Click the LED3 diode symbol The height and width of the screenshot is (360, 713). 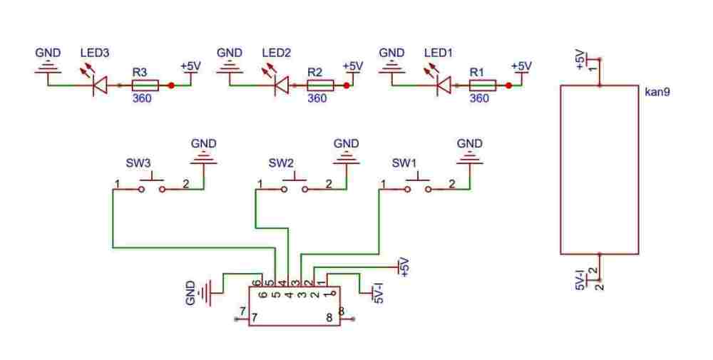pyautogui.click(x=101, y=86)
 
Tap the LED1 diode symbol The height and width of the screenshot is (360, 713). pyautogui.click(x=443, y=86)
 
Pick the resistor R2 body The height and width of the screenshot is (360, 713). pyautogui.click(x=319, y=86)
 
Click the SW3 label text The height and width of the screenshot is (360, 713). pyautogui.click(x=138, y=163)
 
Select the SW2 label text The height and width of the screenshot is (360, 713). pyautogui.click(x=281, y=163)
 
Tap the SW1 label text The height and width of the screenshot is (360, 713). pyautogui.click(x=405, y=163)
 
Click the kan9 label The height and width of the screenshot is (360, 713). pyautogui.click(x=656, y=93)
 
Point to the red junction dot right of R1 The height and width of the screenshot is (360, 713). pyautogui.click(x=508, y=86)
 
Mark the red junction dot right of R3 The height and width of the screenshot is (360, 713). pyautogui.click(x=171, y=86)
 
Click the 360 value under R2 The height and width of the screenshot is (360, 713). pyautogui.click(x=317, y=98)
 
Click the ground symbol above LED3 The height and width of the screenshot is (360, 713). pyautogui.click(x=48, y=67)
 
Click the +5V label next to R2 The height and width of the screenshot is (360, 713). pyautogui.click(x=352, y=66)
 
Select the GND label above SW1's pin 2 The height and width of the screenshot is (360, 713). pyautogui.click(x=470, y=144)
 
